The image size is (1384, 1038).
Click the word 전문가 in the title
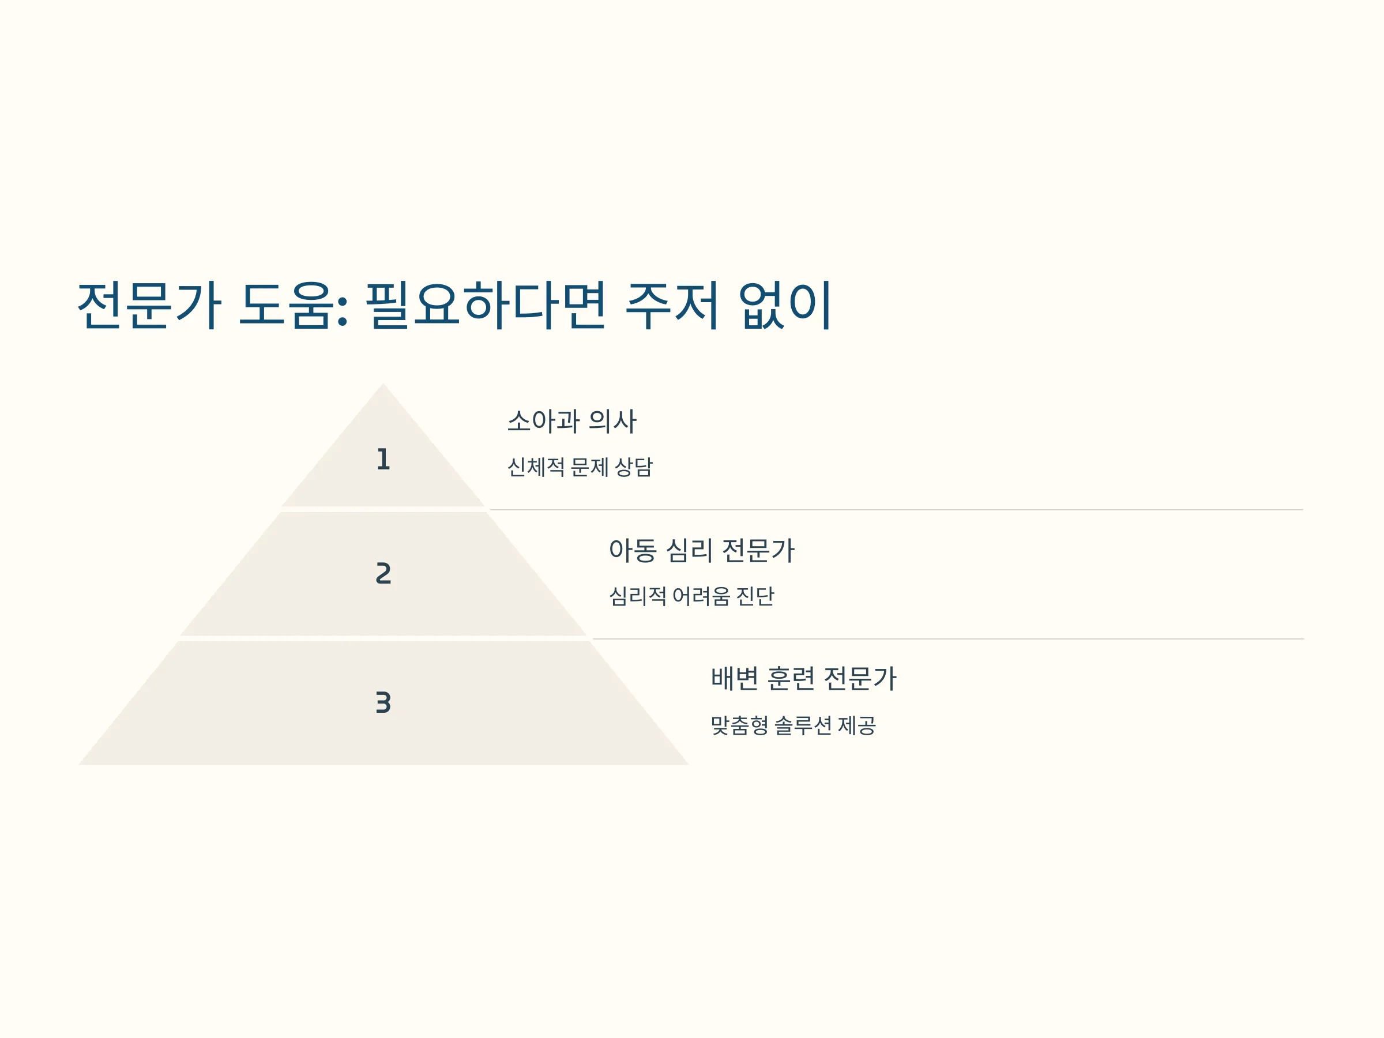point(149,304)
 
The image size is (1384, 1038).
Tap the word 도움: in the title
point(294,304)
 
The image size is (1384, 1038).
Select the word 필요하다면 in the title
point(486,304)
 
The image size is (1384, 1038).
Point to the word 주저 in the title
point(672,304)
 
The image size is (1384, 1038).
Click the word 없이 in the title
point(785,304)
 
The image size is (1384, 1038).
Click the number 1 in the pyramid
point(383,459)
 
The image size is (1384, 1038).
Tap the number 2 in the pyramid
point(383,573)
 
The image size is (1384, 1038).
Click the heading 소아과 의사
point(572,421)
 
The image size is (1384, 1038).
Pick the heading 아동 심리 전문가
point(701,551)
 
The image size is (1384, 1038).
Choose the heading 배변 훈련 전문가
point(803,679)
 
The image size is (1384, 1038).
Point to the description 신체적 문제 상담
point(580,467)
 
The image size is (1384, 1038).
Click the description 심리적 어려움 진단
point(691,596)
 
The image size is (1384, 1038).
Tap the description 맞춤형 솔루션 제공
point(793,725)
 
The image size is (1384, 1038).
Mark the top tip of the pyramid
point(383,383)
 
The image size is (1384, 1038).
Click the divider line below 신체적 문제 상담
point(897,510)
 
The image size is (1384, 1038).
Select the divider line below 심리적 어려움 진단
point(949,639)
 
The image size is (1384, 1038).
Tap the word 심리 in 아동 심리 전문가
point(689,551)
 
